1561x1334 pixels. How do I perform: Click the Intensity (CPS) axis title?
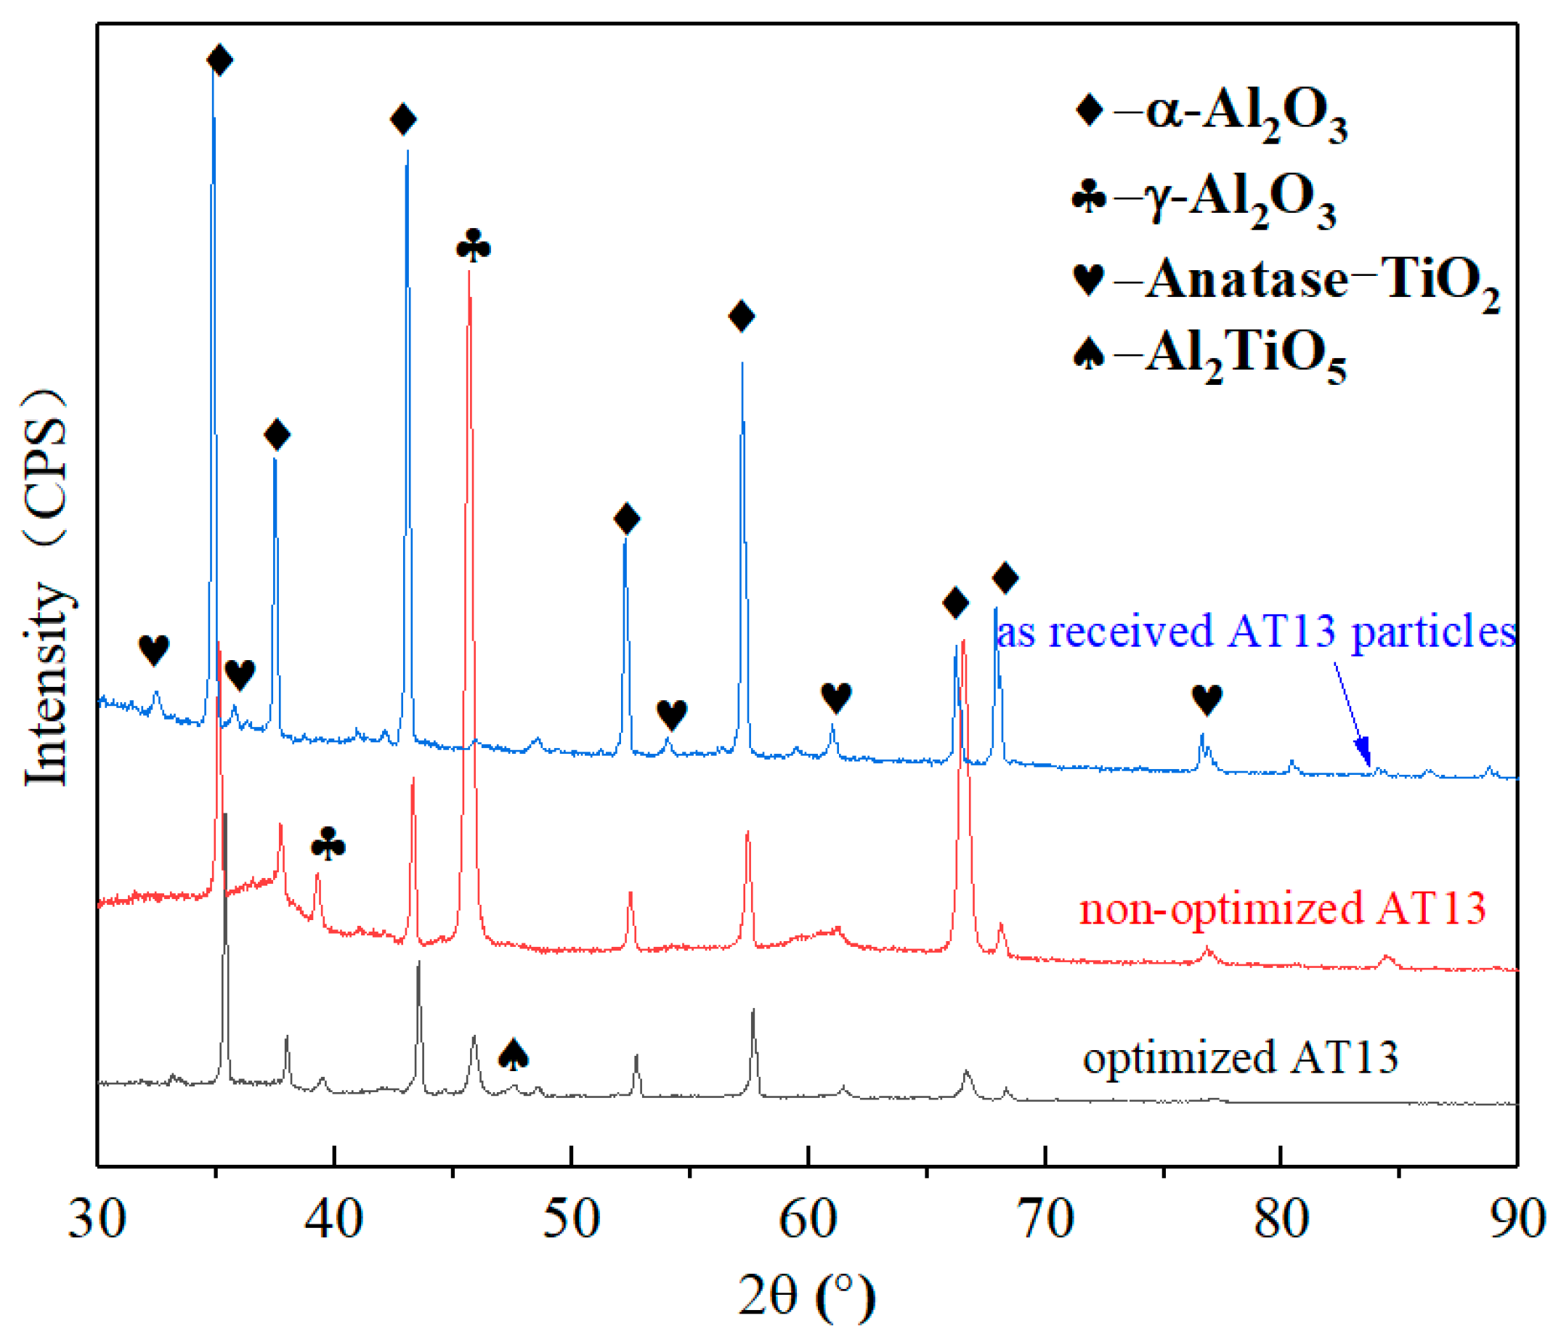coord(46,587)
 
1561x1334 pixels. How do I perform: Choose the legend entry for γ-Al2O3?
coord(1204,200)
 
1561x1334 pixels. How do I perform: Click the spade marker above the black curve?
coord(514,1054)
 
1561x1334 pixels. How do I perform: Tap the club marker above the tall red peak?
coord(473,245)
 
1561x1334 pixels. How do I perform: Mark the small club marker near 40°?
coord(328,844)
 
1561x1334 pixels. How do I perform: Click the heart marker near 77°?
coord(1206,700)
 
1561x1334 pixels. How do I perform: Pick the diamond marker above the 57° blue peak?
coord(742,316)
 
